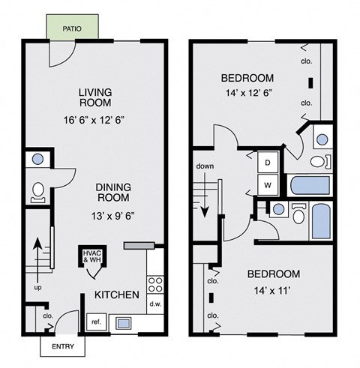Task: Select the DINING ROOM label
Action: click(113, 193)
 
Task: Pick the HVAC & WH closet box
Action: click(91, 256)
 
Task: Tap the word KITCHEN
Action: click(115, 295)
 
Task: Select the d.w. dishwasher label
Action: click(156, 304)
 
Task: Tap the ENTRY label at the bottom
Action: click(62, 347)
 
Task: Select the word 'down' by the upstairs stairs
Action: click(205, 166)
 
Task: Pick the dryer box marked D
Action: click(267, 162)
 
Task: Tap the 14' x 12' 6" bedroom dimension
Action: click(247, 94)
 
